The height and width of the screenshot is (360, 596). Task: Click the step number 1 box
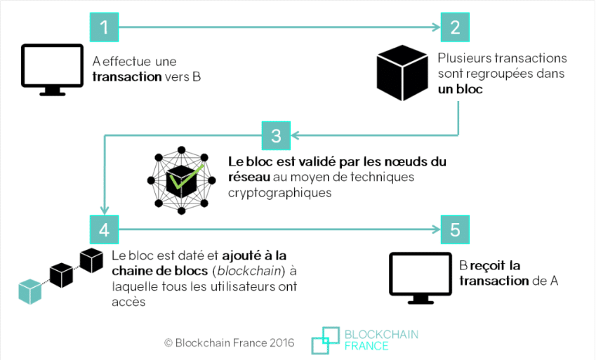click(105, 27)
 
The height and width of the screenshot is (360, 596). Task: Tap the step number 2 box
click(455, 27)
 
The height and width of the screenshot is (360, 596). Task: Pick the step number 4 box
click(105, 229)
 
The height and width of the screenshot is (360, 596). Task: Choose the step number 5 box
click(455, 229)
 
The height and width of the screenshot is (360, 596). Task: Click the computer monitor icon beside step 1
click(53, 69)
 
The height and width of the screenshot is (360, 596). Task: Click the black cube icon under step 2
click(402, 74)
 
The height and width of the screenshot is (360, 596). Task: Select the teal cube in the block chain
click(30, 291)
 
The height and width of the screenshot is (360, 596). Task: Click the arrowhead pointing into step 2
click(435, 27)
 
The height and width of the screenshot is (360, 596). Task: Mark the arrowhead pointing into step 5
click(435, 229)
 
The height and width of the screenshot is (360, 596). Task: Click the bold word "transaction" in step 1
click(127, 76)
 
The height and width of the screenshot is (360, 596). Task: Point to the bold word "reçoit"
click(490, 265)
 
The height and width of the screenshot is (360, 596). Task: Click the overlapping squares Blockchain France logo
click(325, 340)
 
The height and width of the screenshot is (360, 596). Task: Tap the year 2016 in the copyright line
click(281, 343)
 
